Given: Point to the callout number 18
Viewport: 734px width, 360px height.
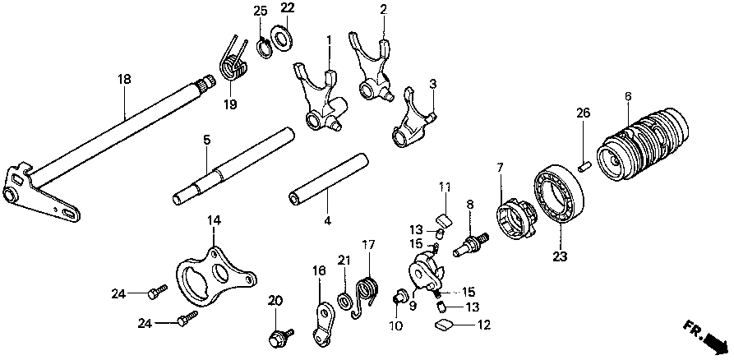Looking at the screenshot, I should (x=123, y=80).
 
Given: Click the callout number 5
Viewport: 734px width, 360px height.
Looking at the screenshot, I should (x=207, y=140).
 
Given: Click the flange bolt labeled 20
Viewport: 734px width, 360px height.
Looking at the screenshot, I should (x=275, y=335).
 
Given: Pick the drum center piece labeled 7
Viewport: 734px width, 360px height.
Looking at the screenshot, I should (x=515, y=220).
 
